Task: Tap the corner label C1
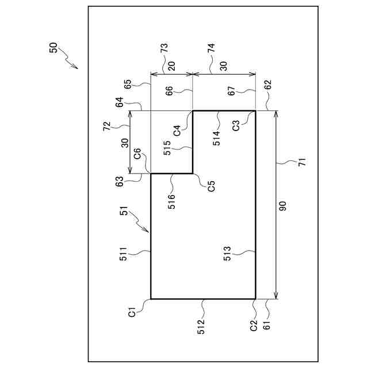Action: tap(132, 313)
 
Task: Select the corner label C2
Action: tap(254, 326)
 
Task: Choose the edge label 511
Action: tap(124, 254)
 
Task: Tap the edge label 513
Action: tap(227, 254)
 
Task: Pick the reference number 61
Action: tap(266, 326)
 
